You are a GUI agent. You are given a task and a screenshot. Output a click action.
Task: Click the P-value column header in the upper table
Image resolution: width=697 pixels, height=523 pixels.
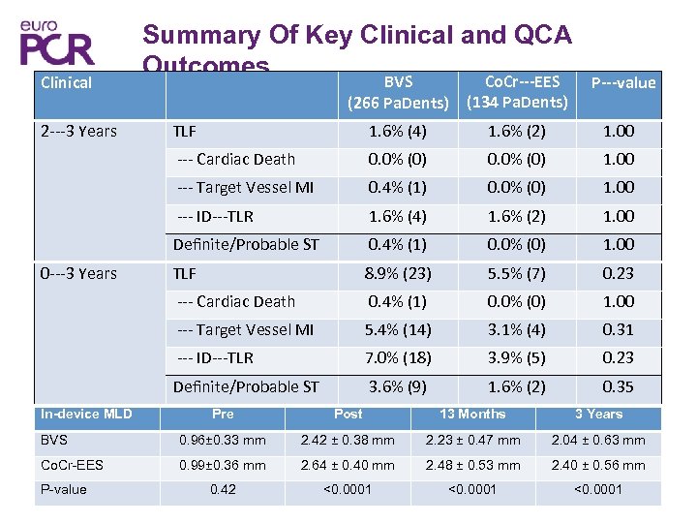point(622,82)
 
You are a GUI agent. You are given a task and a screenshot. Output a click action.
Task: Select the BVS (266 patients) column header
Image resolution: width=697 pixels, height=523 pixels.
point(398,92)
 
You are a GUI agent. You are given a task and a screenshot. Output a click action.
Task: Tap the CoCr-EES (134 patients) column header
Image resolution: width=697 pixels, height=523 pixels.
point(517,92)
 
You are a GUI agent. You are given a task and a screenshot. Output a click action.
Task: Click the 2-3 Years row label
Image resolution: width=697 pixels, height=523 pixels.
point(78,131)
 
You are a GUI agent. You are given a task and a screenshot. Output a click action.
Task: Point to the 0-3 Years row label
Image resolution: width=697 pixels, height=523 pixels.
point(78,273)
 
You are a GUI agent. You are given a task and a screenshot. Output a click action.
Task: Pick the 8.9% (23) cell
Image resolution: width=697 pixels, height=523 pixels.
point(398,273)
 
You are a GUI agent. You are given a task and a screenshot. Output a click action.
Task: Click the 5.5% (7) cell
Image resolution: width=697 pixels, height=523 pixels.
point(517,273)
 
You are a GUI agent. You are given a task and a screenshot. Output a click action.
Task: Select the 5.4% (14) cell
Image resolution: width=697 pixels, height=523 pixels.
point(398,330)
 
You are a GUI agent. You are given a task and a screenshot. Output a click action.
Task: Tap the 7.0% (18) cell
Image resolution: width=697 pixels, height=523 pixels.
point(398,358)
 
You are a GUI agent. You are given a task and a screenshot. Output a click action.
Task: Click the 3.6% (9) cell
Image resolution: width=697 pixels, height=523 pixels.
point(398,386)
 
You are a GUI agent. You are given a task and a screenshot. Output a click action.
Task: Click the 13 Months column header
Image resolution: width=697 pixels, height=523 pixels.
point(472,415)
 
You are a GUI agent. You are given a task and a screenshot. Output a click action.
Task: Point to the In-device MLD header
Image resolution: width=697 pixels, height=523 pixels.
point(86,415)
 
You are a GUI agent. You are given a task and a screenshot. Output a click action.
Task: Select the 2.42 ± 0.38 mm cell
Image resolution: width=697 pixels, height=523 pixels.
point(348,440)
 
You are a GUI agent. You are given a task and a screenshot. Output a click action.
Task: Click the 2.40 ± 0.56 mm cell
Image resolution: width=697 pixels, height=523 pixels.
point(598,465)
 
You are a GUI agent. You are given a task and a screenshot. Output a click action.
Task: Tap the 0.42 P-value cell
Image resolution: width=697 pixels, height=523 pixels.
point(223,489)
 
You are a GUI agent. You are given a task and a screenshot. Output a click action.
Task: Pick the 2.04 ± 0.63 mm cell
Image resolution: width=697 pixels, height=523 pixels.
point(598,440)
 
